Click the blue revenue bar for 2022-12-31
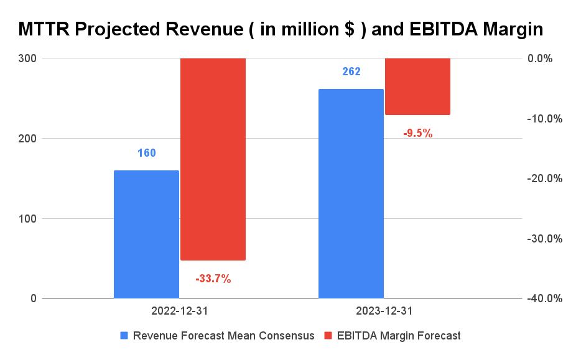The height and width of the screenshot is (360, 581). tap(146, 234)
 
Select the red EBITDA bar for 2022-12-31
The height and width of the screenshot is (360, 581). tap(213, 159)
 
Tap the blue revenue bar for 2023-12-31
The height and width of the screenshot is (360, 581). tap(351, 193)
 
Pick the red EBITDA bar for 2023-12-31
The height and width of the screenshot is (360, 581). tap(417, 86)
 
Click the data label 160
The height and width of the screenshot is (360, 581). tap(147, 153)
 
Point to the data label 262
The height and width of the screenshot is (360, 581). tap(351, 72)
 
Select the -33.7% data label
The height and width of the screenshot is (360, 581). tap(213, 279)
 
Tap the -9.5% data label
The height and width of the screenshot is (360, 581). tap(417, 133)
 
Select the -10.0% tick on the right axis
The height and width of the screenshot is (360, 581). tap(546, 119)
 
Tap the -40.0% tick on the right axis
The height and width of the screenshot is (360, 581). tap(546, 299)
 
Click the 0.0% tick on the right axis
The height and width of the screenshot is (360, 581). tap(549, 58)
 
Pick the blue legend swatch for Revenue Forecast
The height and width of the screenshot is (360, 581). tap(124, 336)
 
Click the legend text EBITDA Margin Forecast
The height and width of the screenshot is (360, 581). tap(399, 336)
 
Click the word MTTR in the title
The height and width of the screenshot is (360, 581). tap(44, 29)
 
